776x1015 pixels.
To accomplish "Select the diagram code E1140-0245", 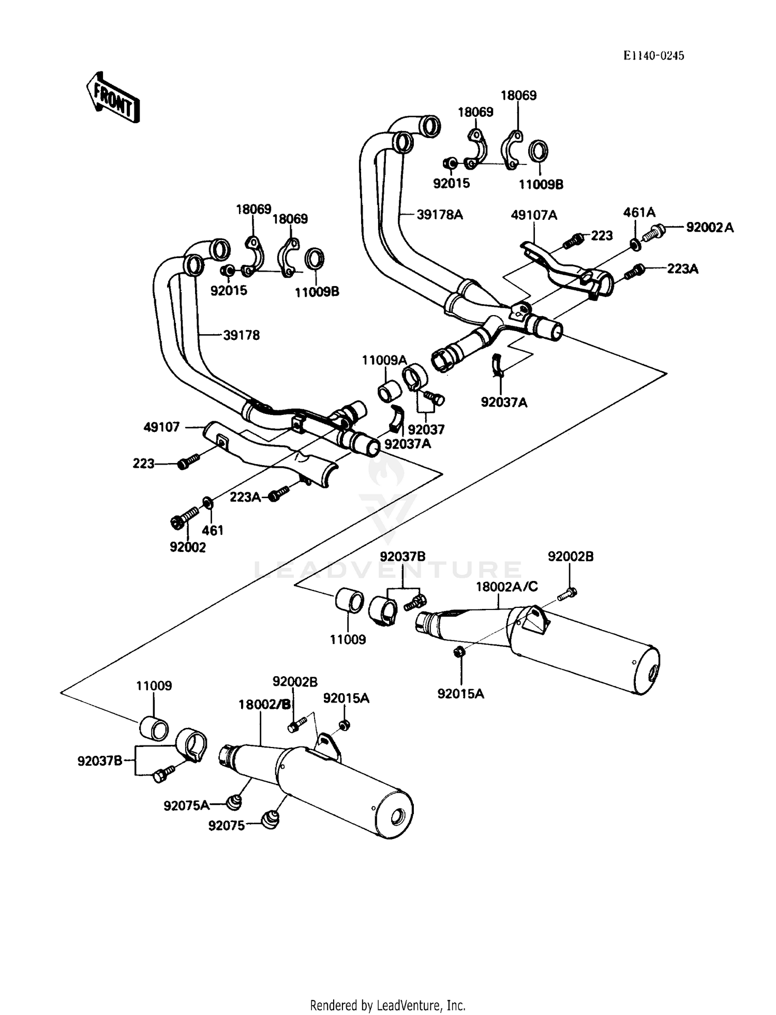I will pyautogui.click(x=654, y=56).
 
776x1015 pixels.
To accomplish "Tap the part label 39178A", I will pyautogui.click(x=440, y=214).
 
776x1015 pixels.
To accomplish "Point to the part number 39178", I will pyautogui.click(x=242, y=335).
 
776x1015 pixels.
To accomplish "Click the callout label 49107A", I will pyautogui.click(x=534, y=215).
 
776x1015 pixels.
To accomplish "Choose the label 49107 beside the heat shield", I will pyautogui.click(x=162, y=427).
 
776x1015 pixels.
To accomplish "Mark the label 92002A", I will pyautogui.click(x=710, y=227).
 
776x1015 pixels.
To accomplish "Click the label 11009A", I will pyautogui.click(x=384, y=361).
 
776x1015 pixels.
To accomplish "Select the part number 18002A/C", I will pyautogui.click(x=507, y=586).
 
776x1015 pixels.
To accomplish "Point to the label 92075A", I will pyautogui.click(x=187, y=805).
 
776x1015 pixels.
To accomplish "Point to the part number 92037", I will pyautogui.click(x=426, y=429).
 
